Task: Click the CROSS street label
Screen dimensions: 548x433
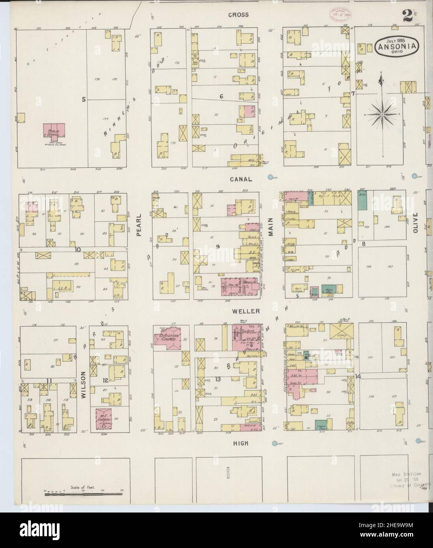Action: click(240, 15)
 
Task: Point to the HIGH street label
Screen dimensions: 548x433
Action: click(241, 443)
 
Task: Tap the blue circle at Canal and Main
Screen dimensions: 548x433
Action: click(271, 177)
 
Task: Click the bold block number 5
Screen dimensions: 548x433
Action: click(84, 99)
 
